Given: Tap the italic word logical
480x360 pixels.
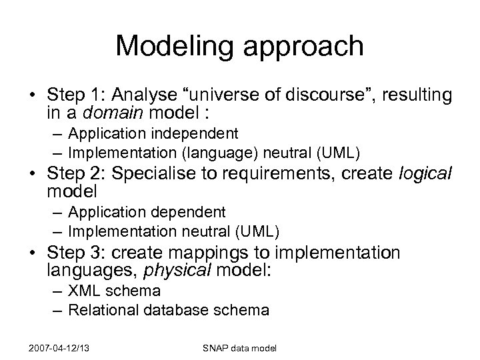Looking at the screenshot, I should [425, 175].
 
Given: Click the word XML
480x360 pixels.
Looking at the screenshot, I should [82, 291].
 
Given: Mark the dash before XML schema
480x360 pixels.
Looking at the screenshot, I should [59, 291].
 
